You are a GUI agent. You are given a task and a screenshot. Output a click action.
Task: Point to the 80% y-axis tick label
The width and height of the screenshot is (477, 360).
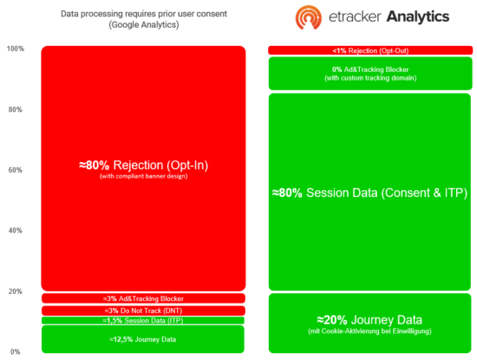(14, 110)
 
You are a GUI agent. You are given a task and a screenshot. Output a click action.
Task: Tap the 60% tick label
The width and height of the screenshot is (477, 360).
(14, 170)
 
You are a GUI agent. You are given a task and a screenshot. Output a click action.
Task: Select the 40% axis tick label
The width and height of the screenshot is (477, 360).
(14, 231)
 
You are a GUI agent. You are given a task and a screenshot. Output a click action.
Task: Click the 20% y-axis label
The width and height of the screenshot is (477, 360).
(14, 291)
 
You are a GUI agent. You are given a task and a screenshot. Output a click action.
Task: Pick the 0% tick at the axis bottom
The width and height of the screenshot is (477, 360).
(16, 351)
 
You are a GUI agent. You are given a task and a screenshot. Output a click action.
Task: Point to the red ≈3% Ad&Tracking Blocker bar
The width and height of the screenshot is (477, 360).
(143, 298)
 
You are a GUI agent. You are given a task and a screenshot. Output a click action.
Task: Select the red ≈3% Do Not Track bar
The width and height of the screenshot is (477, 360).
(143, 311)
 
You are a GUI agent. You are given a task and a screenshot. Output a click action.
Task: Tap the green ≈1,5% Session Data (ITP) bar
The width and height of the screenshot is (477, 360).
(143, 320)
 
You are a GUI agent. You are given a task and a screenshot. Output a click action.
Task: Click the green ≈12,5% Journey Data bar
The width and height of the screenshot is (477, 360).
(143, 338)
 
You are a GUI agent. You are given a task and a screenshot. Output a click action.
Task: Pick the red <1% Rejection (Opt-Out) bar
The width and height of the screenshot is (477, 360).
(369, 49)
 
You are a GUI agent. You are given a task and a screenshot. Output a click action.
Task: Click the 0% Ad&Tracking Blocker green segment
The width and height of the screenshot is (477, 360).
(369, 73)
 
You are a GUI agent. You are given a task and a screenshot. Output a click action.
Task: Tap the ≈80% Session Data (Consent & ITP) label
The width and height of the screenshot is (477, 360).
(369, 193)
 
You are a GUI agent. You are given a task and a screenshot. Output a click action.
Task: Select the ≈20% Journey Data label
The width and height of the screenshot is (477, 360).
(369, 318)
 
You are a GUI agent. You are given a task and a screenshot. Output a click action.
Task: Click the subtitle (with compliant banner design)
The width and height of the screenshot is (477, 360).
(143, 178)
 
